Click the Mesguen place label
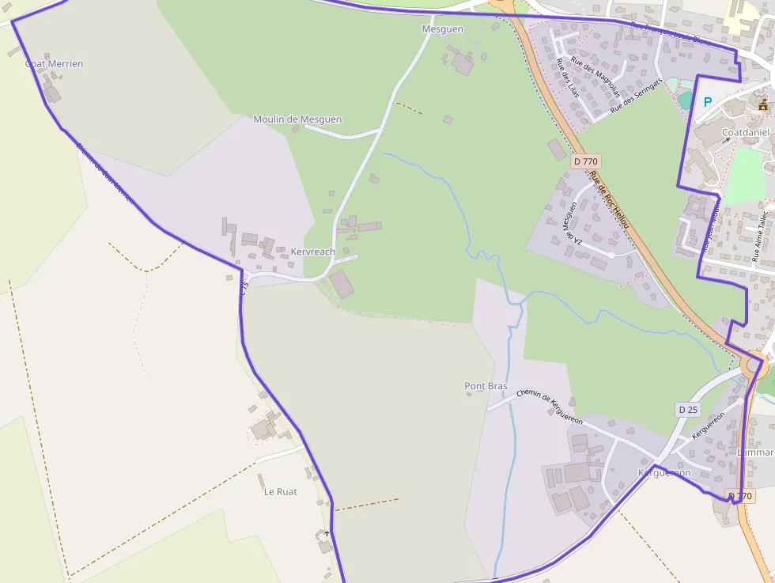point(442,29)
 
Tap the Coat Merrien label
point(54,64)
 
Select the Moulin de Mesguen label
point(297,119)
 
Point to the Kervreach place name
point(313,252)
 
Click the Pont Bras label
point(486,386)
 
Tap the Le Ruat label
point(280,491)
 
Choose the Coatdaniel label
point(746,133)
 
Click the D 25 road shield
point(689,409)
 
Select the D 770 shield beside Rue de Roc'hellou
point(585,161)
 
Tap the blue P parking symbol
point(708,102)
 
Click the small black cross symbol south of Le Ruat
point(327,534)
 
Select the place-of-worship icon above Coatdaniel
point(762,104)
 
